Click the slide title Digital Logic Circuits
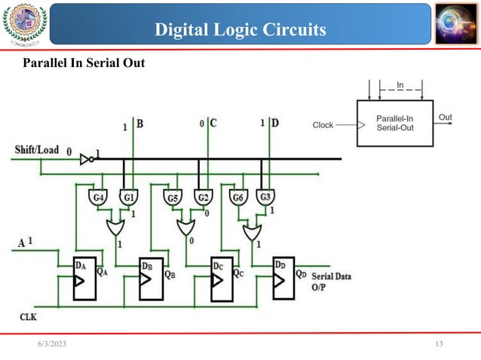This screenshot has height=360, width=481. [x=240, y=29]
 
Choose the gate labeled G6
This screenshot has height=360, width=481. [x=237, y=198]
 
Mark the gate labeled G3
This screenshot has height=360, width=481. [x=265, y=198]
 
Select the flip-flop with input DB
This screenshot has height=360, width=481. [x=155, y=278]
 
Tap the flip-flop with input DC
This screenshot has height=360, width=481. [x=222, y=278]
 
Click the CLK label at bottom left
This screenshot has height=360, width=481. [x=28, y=317]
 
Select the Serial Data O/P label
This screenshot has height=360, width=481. [x=330, y=280]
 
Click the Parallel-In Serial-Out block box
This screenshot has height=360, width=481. [x=394, y=124]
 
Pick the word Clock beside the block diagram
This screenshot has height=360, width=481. [x=323, y=125]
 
